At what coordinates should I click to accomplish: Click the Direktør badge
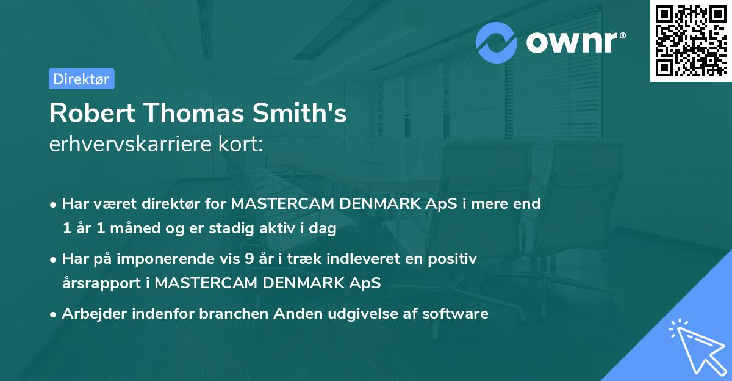(x=81, y=79)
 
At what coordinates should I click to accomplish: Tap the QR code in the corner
(x=690, y=40)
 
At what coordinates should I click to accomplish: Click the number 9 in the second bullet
(x=249, y=258)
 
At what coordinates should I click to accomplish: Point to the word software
(x=457, y=313)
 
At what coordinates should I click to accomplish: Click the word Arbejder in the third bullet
(x=90, y=313)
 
